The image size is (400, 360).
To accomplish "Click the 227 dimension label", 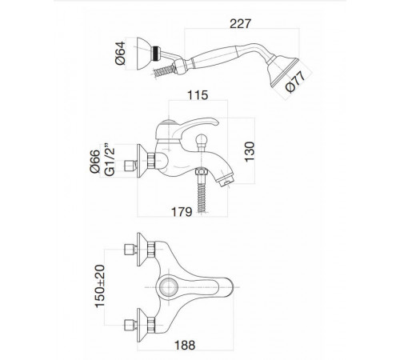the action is (240, 23).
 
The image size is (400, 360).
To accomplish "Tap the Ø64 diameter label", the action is (120, 53).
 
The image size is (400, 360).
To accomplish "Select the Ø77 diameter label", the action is (295, 82).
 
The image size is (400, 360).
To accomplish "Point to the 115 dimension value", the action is (198, 95).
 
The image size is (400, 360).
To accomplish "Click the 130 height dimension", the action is (250, 151).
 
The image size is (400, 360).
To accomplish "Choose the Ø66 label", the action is (95, 162).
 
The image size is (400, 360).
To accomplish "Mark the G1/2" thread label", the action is (110, 160).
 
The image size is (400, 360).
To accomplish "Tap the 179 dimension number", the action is (182, 212).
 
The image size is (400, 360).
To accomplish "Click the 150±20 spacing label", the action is (100, 286).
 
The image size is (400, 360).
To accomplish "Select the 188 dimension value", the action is (185, 345).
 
